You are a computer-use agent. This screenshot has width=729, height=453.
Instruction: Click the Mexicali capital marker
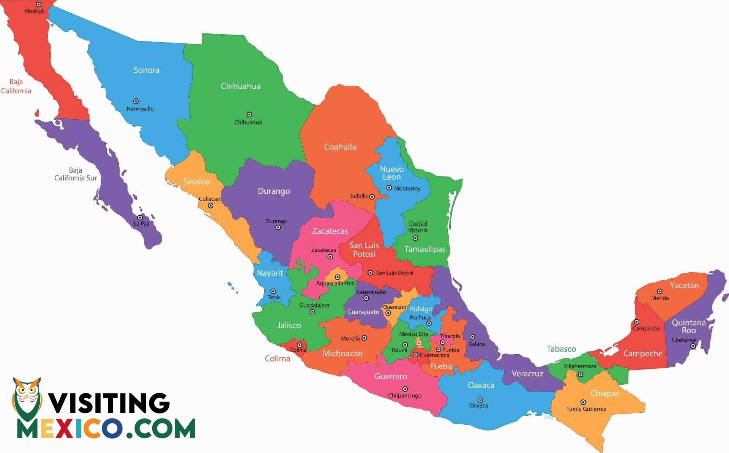[38, 5]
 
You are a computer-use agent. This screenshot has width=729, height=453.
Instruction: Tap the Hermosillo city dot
[136, 101]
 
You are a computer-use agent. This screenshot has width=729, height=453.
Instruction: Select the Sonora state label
[147, 70]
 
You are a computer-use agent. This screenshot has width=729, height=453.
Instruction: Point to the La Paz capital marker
[140, 218]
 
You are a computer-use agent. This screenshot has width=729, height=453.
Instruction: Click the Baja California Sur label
[75, 174]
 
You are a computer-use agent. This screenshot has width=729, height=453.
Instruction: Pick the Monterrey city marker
[389, 188]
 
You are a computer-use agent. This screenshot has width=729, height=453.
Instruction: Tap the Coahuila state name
[340, 147]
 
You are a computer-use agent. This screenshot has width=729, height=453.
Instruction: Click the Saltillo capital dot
[372, 197]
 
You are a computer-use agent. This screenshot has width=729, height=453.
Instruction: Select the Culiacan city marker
[210, 206]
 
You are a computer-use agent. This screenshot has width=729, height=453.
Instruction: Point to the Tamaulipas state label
[425, 249]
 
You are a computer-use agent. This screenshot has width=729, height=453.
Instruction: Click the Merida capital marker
[660, 292]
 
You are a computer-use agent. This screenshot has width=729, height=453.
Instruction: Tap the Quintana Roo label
[689, 327]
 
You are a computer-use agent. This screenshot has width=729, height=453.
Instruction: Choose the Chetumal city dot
[693, 346]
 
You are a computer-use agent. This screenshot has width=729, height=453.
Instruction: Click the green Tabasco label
[561, 349]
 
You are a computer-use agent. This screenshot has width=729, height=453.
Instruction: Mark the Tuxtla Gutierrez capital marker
[583, 402]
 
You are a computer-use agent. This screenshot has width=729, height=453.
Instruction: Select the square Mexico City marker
[419, 343]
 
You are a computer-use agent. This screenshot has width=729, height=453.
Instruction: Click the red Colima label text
[278, 359]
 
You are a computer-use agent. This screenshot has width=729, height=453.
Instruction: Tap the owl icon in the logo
[27, 397]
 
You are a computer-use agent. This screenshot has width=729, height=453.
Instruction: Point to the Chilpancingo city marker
[405, 389]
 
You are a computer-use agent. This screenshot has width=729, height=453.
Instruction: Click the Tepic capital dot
[273, 291]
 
